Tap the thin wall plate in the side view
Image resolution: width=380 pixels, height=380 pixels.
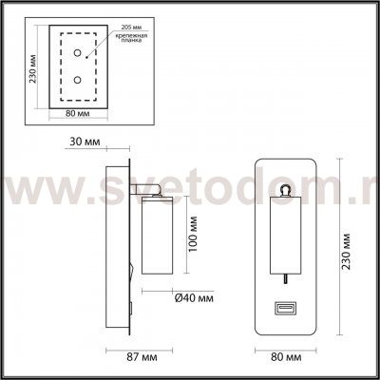[122, 249]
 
